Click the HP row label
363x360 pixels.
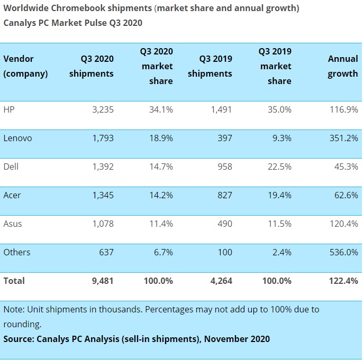click(x=8, y=109)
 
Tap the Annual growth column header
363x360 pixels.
click(x=342, y=66)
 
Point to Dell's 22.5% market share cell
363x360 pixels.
click(x=279, y=167)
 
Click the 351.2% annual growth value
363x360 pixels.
click(x=344, y=138)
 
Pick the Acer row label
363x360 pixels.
click(x=12, y=195)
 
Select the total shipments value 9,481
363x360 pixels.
click(x=102, y=281)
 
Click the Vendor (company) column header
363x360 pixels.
click(x=25, y=66)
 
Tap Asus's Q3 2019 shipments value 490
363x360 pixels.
click(x=224, y=224)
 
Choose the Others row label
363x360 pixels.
click(x=16, y=252)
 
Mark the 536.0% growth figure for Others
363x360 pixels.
click(x=344, y=252)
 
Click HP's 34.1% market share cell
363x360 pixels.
click(x=161, y=109)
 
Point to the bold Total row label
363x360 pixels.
click(x=14, y=281)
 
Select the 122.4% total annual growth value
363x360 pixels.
click(x=344, y=281)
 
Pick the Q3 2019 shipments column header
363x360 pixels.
click(x=210, y=66)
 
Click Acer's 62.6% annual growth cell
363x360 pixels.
click(x=346, y=195)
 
